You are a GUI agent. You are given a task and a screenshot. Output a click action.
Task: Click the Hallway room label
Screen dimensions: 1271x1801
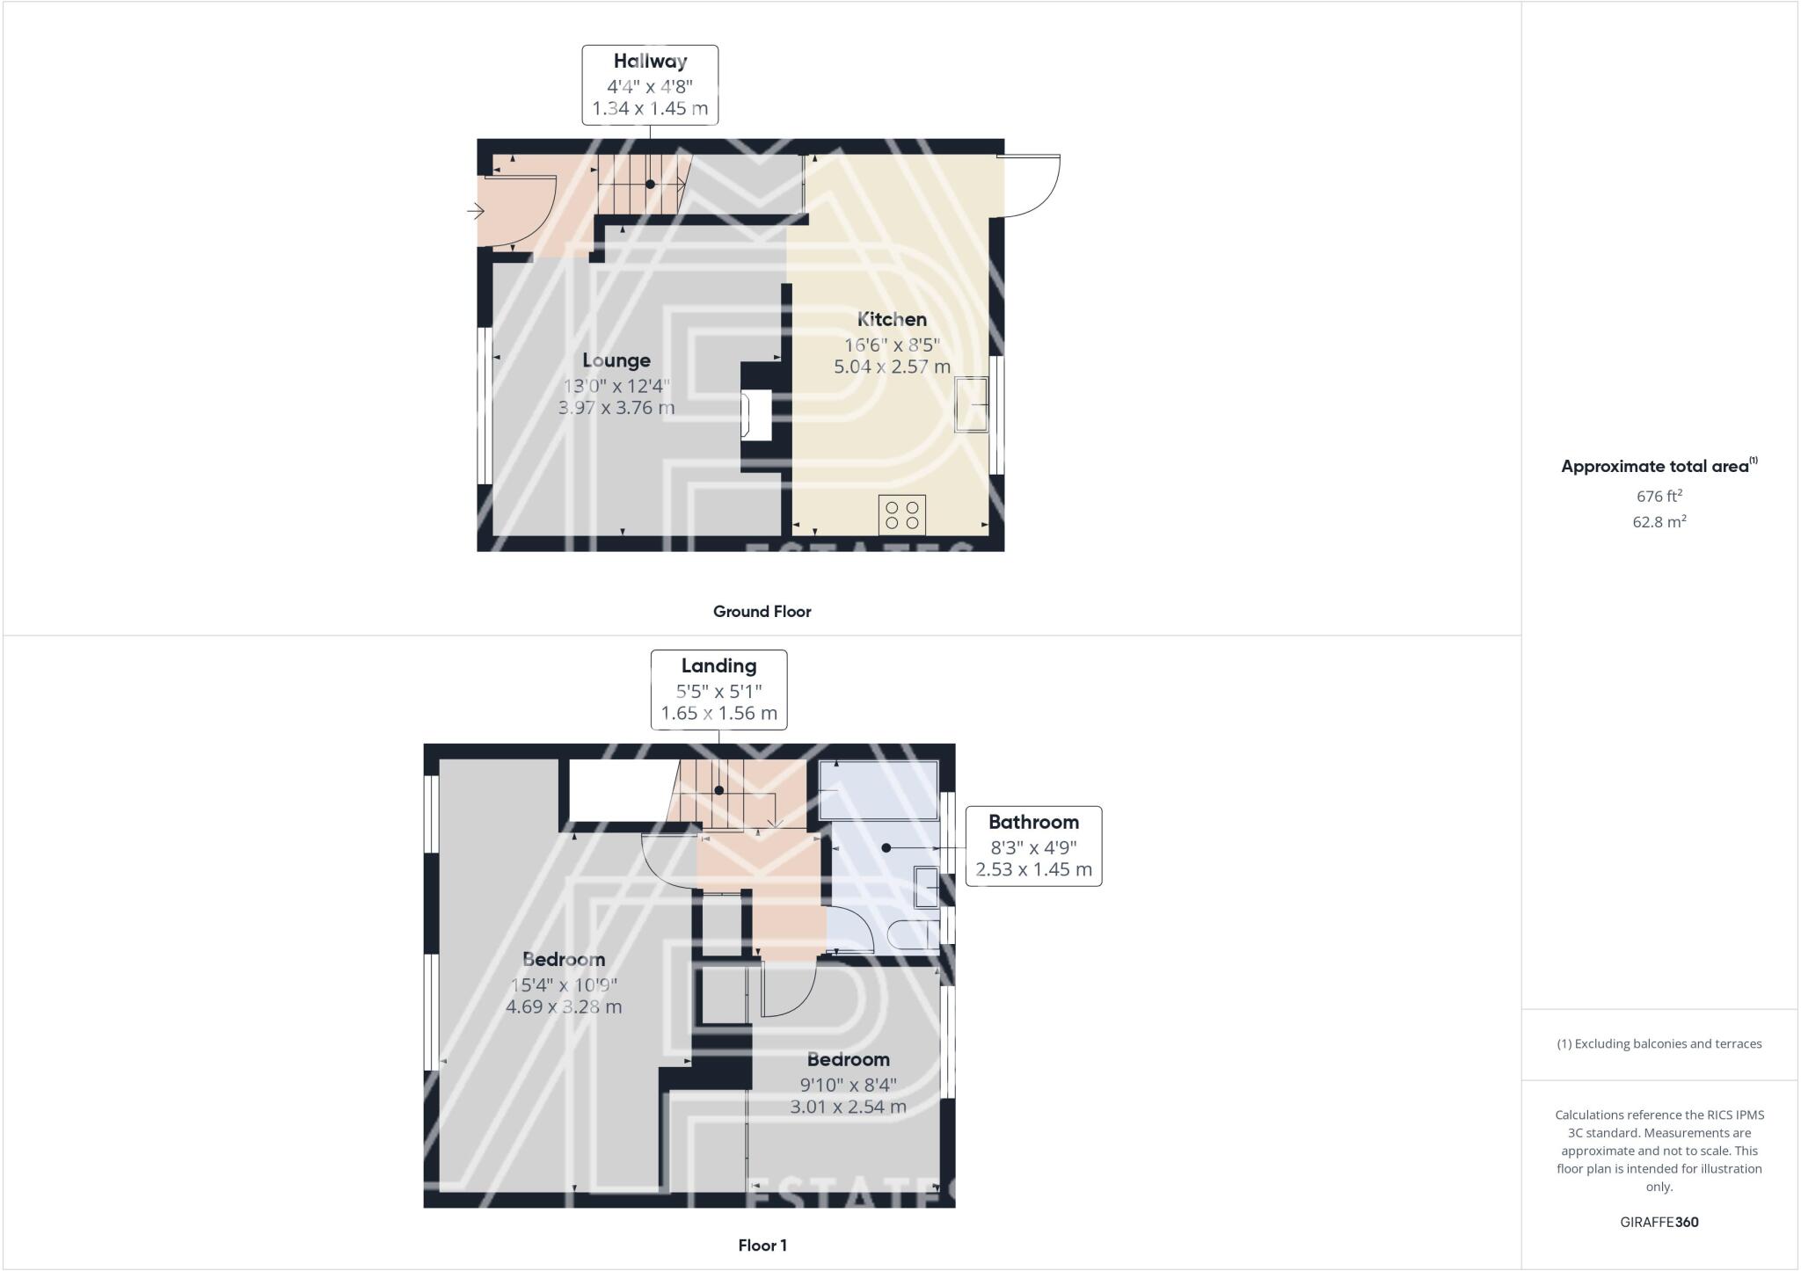point(650,62)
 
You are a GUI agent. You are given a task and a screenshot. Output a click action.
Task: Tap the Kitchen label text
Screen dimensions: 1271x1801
point(892,319)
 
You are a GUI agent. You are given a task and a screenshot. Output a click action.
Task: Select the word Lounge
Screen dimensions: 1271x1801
point(616,360)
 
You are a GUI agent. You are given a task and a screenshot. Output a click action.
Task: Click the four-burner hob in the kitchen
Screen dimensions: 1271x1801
point(901,515)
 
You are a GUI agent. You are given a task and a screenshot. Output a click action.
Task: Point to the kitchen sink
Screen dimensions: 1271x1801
point(972,404)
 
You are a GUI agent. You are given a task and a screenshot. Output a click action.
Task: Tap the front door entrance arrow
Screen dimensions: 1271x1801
point(476,211)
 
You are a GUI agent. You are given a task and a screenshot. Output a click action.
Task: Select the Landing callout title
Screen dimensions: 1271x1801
point(718,666)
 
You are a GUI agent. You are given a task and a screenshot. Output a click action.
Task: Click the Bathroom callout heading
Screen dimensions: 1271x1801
point(1033,823)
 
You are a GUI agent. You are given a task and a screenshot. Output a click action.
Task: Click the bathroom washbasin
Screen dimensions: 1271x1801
point(926,886)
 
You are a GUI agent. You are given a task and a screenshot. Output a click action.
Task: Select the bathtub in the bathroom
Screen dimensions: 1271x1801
point(878,789)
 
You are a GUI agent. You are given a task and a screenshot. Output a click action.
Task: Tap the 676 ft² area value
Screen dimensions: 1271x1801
point(1659,497)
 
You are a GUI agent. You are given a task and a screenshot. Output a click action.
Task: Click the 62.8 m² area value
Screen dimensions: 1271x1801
point(1659,522)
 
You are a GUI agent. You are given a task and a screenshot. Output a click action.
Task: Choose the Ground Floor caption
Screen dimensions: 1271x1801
point(762,612)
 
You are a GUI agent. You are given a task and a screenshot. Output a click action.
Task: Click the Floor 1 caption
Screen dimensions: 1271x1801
point(762,1246)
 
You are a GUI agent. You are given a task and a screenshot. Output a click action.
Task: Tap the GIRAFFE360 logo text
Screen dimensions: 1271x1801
point(1659,1222)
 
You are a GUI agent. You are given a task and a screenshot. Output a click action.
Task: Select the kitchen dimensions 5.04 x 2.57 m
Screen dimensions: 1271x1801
point(892,367)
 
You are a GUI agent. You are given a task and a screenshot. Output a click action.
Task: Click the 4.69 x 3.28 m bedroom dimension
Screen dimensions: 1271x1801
point(564,1006)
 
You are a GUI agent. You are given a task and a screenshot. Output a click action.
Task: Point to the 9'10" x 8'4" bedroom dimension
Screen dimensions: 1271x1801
point(848,1084)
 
